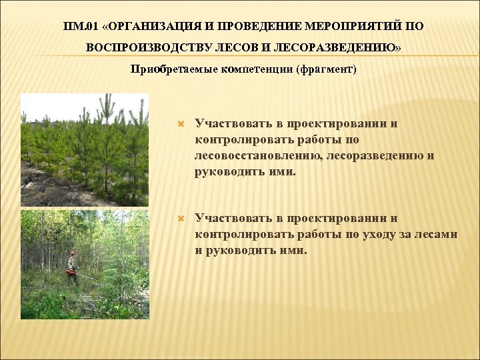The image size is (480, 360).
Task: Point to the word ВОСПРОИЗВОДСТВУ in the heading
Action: (148, 49)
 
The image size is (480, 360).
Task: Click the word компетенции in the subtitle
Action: (255, 69)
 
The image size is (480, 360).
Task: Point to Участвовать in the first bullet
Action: (230, 124)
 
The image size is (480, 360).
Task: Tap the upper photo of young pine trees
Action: (84, 149)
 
